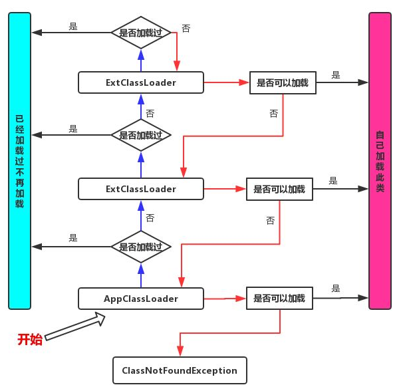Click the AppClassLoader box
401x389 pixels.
(x=140, y=299)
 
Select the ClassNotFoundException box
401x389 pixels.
(x=180, y=370)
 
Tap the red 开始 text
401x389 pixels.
(x=30, y=340)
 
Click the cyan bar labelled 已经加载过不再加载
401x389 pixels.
(x=20, y=160)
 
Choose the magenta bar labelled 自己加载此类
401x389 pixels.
(x=380, y=160)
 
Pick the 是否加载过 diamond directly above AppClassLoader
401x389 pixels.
(x=141, y=247)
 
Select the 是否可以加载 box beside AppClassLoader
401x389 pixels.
(x=279, y=299)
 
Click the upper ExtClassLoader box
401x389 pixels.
(x=140, y=82)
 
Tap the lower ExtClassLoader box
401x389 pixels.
(x=140, y=189)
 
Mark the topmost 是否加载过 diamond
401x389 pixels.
(x=141, y=32)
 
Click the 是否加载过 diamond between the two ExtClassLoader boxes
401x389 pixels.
(x=141, y=135)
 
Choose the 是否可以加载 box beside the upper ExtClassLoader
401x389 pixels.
(x=283, y=83)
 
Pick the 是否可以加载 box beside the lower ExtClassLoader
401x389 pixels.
(x=279, y=190)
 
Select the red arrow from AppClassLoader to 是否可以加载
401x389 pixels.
(x=224, y=299)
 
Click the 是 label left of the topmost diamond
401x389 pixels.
(x=73, y=27)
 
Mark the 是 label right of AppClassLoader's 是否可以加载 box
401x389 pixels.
(x=336, y=289)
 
